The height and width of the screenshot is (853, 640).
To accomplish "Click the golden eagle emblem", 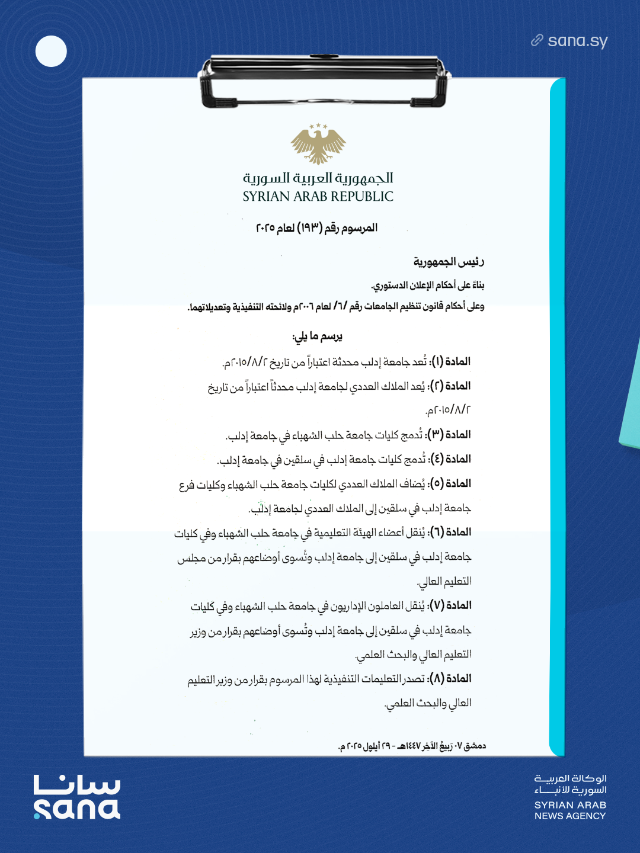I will [318, 144].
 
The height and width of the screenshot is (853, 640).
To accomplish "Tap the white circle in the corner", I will [51, 51].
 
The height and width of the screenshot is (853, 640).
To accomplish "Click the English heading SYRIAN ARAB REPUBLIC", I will [318, 197].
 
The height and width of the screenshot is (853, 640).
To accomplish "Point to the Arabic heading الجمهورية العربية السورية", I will [318, 178].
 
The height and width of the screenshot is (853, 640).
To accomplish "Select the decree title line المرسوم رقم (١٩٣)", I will [316, 228].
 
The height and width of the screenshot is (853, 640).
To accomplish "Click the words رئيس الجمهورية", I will [449, 262].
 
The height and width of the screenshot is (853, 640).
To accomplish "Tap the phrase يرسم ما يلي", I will [318, 336].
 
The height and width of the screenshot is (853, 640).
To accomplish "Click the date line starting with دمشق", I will [412, 746].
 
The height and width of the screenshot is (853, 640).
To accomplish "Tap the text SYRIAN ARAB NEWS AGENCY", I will [570, 810].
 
